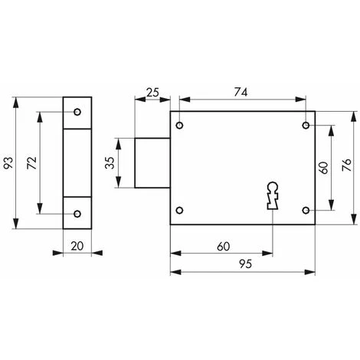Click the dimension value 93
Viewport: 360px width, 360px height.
pos(8,163)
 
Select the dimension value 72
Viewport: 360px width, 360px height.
pos(32,163)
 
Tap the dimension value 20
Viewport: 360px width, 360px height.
pos(77,246)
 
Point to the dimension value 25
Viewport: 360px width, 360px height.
pos(152,93)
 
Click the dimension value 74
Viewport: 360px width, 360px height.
pos(241,92)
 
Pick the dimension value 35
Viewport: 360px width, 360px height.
pos(110,163)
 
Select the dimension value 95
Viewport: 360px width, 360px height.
pos(245,264)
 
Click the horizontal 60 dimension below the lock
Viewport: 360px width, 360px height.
pos(224,247)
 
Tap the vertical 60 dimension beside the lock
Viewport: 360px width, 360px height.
pos(324,168)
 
